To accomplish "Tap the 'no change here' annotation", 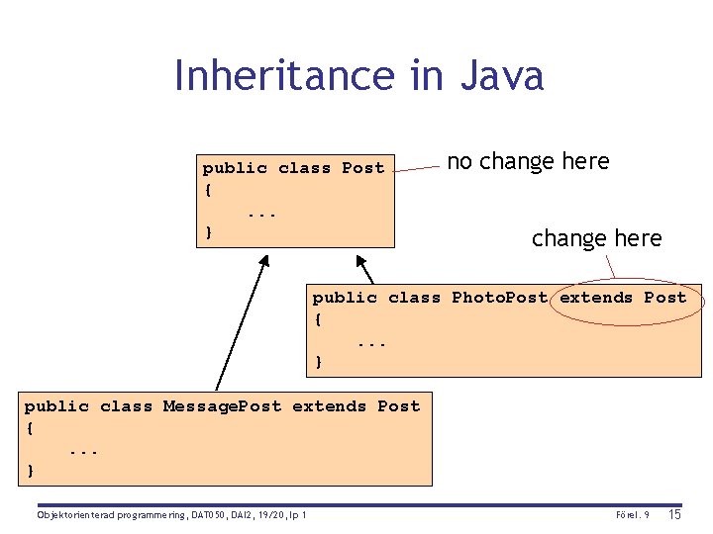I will [x=528, y=161].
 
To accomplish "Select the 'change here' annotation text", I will [x=596, y=238].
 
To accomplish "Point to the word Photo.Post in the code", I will [x=499, y=298].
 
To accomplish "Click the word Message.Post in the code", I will [x=222, y=406].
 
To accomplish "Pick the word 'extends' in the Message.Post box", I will [x=329, y=406].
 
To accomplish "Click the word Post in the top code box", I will [x=362, y=168].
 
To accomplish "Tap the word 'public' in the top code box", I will [x=235, y=168].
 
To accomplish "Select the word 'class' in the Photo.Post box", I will [x=414, y=298].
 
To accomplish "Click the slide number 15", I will [x=674, y=514].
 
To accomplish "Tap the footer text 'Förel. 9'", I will [x=632, y=515].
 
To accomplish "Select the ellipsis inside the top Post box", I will [x=262, y=212].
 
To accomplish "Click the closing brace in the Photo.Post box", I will [x=318, y=362].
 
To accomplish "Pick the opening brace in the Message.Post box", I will [x=30, y=428].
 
